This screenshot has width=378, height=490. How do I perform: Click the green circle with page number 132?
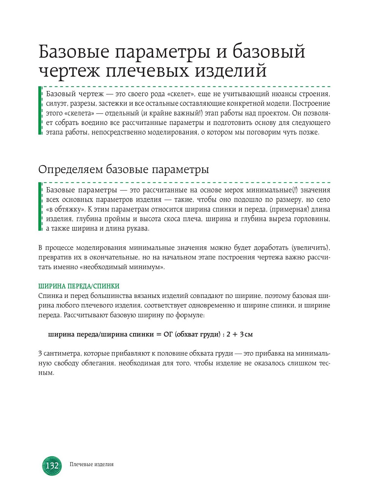click(x=52, y=465)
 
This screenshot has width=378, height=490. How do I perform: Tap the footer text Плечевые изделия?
click(x=91, y=464)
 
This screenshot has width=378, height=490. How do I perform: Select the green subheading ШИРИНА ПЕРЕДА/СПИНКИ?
click(x=79, y=286)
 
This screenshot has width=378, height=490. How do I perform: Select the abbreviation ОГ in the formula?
click(x=168, y=334)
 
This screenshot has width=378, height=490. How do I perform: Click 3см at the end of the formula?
click(x=246, y=334)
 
